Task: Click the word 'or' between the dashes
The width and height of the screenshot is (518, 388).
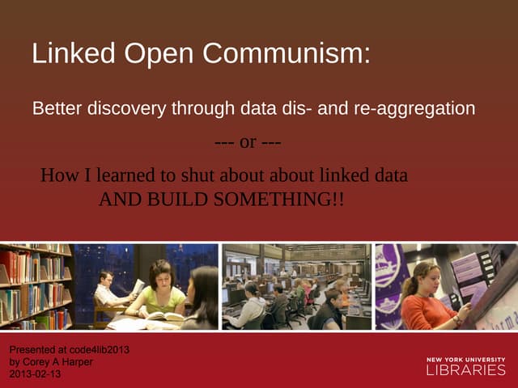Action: coord(248,142)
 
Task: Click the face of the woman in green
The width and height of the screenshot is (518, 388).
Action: coord(159,275)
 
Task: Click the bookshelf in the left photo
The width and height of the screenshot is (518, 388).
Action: coord(32,283)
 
